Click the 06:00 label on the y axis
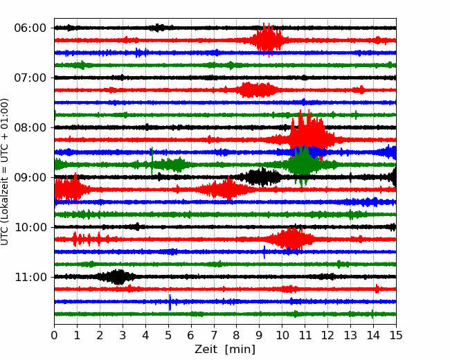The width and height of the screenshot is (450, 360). coord(30,28)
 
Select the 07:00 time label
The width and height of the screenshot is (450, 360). coord(30,78)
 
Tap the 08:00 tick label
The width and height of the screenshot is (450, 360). coord(30,127)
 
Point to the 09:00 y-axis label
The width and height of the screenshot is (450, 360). coord(30,177)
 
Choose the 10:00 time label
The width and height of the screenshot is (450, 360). coord(30,227)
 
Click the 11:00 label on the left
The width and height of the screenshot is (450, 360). coord(30,277)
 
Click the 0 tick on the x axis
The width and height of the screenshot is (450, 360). coord(54,335)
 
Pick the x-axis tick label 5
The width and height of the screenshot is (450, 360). coord(168,335)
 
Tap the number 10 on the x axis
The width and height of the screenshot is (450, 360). coord(282,335)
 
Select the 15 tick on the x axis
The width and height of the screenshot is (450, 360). coord(396,335)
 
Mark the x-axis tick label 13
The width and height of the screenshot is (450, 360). coord(350,335)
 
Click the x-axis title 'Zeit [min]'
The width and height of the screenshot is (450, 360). coord(225,349)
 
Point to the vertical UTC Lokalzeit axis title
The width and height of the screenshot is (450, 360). coord(5,172)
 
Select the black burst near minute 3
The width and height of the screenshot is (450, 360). coord(116,277)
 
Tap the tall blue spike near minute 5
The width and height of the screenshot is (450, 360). coord(170,303)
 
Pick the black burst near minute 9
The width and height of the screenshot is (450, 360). coord(262,177)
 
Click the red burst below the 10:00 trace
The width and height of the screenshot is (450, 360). coord(292,239)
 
